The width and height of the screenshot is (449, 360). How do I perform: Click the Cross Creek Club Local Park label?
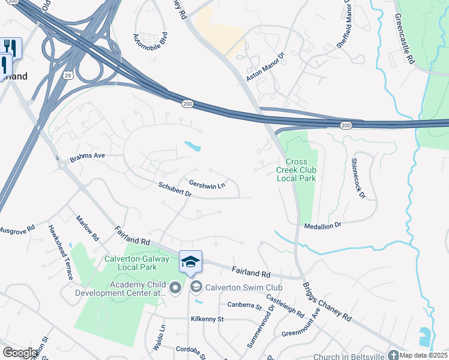pos(296,170)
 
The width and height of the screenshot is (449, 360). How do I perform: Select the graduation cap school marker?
pos(190,262)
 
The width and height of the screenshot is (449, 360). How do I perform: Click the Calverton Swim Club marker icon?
pos(196,287)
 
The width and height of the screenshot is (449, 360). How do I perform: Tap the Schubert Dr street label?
pos(175,190)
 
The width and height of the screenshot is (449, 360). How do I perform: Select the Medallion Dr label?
pos(322,225)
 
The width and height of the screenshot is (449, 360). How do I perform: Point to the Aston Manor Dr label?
pos(262,67)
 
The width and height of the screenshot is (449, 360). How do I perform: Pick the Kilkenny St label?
pos(206,319)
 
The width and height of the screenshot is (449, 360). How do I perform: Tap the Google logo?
pos(20,353)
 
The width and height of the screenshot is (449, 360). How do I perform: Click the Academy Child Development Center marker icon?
pos(175,288)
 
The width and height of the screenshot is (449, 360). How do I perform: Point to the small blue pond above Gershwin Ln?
pos(192,146)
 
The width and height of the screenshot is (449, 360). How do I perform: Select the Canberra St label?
pos(245,305)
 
